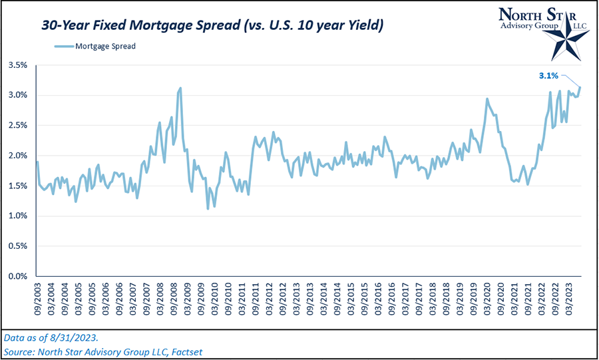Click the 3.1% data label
548,76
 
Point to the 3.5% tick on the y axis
17,65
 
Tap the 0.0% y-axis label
17,276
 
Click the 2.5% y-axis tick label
17,125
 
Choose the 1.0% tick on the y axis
17,216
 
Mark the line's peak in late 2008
180,88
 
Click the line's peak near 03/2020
487,99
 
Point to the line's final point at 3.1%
580,87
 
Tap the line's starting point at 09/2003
37,162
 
